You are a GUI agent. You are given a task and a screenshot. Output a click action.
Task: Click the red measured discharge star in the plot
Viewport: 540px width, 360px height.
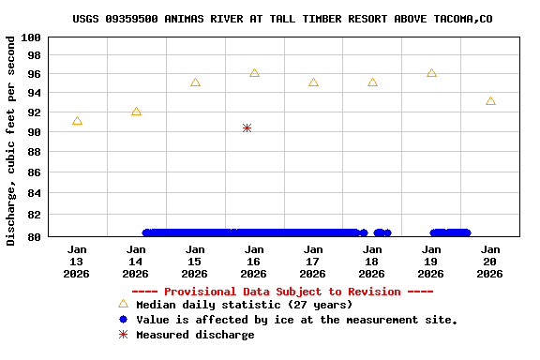(247, 127)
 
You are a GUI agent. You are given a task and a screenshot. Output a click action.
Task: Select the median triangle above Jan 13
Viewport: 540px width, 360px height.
(77, 121)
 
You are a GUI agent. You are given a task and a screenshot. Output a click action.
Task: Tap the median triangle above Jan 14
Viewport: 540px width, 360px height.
(136, 112)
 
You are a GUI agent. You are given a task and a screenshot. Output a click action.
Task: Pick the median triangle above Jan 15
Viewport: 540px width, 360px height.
(195, 82)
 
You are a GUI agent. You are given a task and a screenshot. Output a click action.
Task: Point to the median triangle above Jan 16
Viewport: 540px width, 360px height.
(254, 73)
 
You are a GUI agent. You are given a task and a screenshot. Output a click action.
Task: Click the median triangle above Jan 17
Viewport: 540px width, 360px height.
(313, 82)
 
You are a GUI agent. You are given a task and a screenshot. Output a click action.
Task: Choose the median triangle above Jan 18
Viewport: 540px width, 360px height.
(372, 82)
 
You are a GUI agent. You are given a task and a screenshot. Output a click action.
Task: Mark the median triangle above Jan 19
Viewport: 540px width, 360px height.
(431, 73)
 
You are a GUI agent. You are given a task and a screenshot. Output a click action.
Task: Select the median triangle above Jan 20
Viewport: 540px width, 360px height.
(490, 101)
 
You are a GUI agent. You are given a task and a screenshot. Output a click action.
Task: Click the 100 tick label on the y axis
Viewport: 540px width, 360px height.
(30, 37)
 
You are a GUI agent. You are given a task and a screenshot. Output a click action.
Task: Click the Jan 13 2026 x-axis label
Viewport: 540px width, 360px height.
(77, 262)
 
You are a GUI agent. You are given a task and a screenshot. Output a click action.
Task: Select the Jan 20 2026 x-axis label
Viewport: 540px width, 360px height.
(490, 262)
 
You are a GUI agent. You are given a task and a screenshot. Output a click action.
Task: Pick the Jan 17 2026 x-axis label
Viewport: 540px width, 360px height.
(313, 262)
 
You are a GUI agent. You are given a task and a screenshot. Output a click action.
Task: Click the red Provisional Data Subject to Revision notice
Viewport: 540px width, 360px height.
(282, 292)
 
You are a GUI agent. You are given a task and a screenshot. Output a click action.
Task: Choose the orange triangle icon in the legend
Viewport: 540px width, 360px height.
(123, 304)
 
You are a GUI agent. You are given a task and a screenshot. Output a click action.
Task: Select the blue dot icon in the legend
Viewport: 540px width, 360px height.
(123, 320)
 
